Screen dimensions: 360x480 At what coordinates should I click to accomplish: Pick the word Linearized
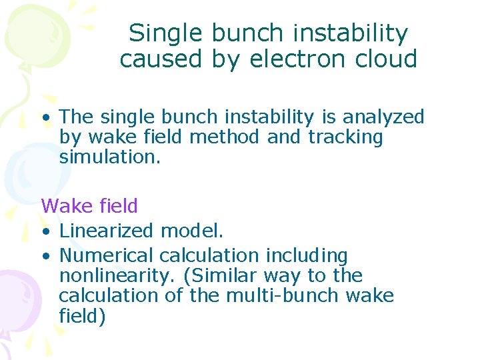click(107, 231)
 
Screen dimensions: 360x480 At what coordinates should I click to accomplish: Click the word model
click(192, 231)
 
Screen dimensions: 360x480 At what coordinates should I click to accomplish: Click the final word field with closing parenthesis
click(82, 315)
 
